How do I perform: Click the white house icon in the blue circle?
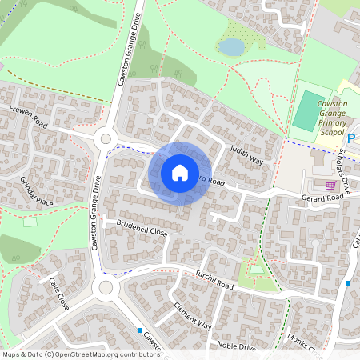(x=180, y=173)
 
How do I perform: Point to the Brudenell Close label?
(x=142, y=229)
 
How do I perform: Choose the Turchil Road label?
(x=212, y=280)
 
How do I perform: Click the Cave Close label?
(x=59, y=294)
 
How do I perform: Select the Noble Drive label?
(x=236, y=346)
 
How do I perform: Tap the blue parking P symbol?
(x=351, y=138)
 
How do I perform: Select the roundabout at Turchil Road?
(x=104, y=287)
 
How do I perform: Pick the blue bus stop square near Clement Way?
(x=139, y=330)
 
